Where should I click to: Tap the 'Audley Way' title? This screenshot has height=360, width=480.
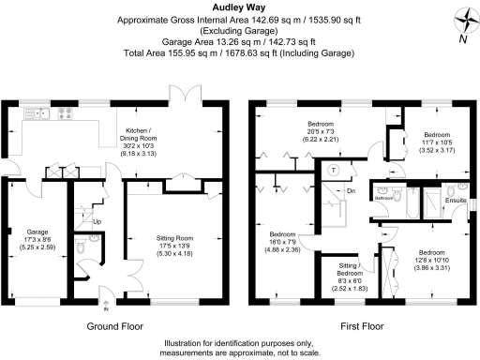pos(239,7)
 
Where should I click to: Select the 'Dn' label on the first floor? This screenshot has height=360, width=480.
pos(350,190)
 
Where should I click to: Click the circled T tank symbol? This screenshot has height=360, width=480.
pos(334,170)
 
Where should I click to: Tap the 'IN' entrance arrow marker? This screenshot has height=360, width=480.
pos(106,307)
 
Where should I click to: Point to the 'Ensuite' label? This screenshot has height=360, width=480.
pos(454,199)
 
